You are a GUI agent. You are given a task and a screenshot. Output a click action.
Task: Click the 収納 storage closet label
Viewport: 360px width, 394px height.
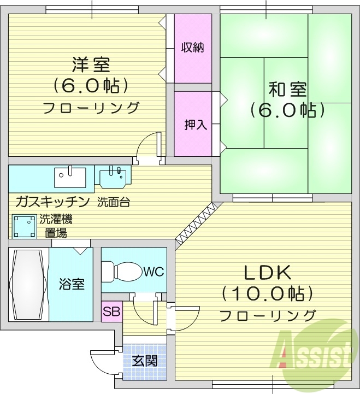[x=192, y=48]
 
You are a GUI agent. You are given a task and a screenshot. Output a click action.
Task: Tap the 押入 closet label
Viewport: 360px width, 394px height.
[x=195, y=125]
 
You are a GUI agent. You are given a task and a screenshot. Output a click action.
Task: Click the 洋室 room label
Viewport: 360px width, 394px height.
[x=91, y=65]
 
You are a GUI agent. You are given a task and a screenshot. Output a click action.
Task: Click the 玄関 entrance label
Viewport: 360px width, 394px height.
[x=145, y=361]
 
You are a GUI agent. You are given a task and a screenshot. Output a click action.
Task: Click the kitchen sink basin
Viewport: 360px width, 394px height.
[x=70, y=177]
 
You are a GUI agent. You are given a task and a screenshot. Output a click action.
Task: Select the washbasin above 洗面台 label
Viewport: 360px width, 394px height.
[x=113, y=177]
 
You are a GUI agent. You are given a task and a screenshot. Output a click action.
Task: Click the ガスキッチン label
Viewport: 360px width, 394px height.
[x=52, y=202]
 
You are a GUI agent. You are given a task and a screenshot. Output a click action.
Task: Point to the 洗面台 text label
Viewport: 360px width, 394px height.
[x=114, y=202]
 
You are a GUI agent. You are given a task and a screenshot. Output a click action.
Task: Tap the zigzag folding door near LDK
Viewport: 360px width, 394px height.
[x=198, y=224]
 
